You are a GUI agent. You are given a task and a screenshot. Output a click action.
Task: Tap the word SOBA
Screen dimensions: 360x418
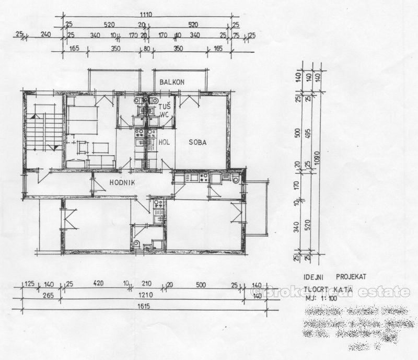coord(198,142)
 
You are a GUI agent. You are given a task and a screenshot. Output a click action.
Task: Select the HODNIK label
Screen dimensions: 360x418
coord(123,182)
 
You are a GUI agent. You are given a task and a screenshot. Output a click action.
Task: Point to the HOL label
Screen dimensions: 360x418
coord(164,142)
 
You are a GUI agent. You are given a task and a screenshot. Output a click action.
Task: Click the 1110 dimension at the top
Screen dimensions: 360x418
coord(145,16)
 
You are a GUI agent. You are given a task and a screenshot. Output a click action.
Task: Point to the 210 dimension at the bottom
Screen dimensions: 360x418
coord(146,285)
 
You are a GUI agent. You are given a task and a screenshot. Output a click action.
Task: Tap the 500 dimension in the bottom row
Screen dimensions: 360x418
coord(199,285)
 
